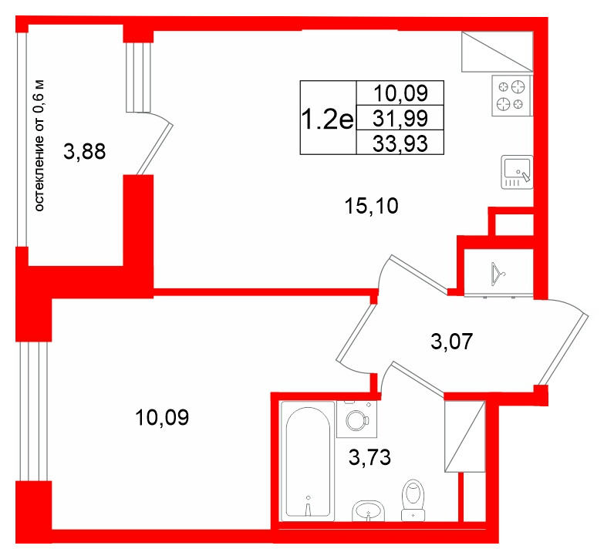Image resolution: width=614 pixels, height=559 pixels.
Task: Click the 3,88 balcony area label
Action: [x=85, y=151]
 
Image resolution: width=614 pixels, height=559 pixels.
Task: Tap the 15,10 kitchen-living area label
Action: [x=371, y=206]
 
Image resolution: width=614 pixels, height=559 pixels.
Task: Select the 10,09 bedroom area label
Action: [x=162, y=417]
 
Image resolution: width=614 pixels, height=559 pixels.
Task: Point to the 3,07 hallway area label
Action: [x=451, y=342]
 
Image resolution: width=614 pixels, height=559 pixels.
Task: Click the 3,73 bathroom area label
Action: [x=369, y=457]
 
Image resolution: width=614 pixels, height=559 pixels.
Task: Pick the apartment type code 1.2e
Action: [x=328, y=119]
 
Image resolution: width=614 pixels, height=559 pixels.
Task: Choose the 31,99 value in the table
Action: [x=400, y=118]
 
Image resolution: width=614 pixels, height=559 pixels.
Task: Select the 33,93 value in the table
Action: [x=400, y=143]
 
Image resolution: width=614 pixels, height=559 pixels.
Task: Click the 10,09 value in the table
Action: [x=400, y=93]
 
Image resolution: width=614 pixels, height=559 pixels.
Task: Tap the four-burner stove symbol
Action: [x=511, y=96]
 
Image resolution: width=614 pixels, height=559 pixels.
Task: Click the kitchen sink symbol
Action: [x=517, y=172]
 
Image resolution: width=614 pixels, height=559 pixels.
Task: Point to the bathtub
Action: [x=308, y=461]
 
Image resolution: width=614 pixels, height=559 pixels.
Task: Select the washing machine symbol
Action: [x=356, y=419]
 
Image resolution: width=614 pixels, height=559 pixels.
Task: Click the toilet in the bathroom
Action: [x=413, y=500]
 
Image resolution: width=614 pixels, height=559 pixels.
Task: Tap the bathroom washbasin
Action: [x=368, y=511]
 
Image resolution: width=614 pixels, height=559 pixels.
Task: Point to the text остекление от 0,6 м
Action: [x=39, y=146]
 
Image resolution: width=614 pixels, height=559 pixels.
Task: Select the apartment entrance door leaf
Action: [x=562, y=349]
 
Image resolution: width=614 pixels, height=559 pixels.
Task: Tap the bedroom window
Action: [x=34, y=411]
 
